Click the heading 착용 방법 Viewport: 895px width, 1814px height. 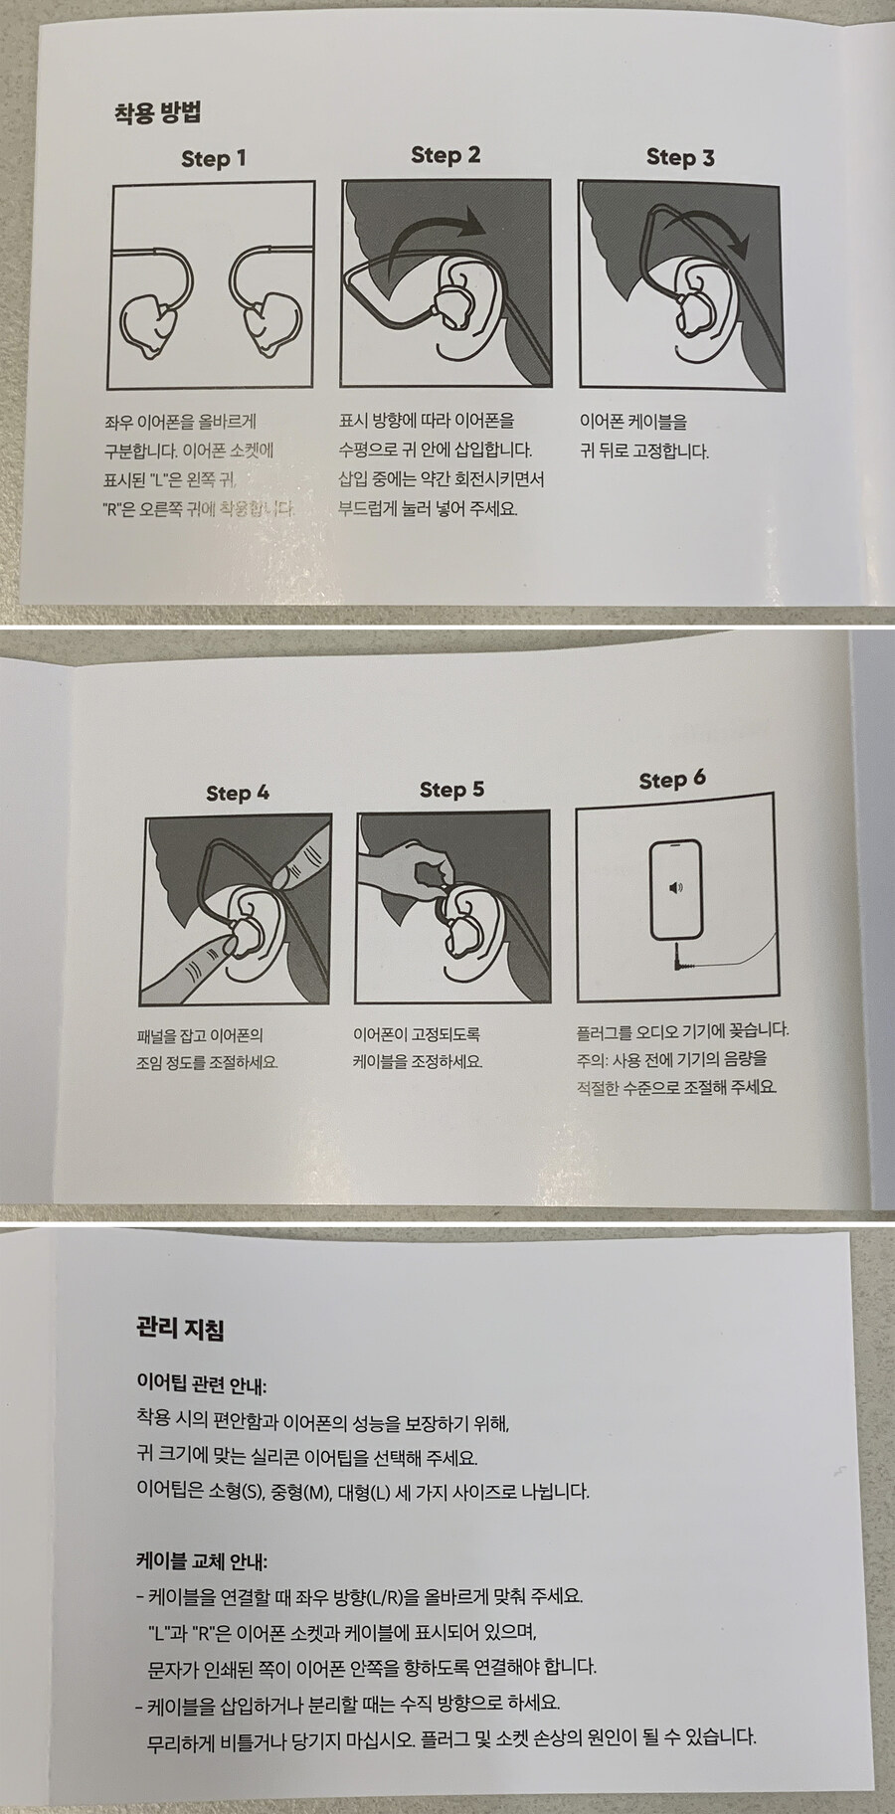point(157,111)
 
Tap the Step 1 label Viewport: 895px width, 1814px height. point(214,159)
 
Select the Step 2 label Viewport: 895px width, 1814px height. point(446,155)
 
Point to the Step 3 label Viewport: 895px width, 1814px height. point(680,157)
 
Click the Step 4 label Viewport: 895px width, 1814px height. point(238,793)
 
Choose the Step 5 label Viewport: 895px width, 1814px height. point(451,790)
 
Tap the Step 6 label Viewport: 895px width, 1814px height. point(672,780)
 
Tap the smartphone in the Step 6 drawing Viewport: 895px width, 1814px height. point(676,890)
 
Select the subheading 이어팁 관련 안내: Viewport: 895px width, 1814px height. point(202,1383)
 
